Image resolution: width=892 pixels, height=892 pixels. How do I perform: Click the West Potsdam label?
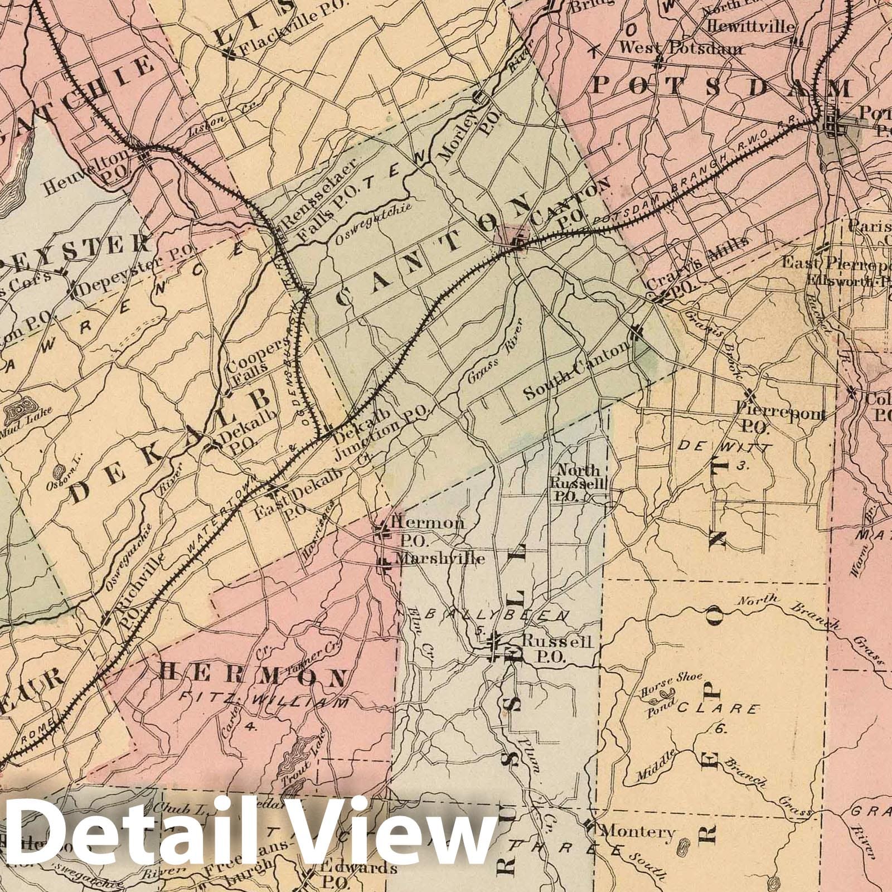pyautogui.click(x=681, y=49)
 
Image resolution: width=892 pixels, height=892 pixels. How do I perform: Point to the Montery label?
pyautogui.click(x=637, y=832)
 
